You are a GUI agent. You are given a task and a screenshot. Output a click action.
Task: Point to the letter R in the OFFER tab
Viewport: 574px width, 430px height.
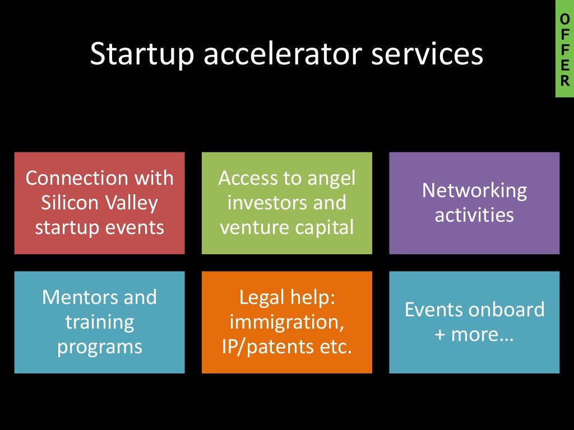564,81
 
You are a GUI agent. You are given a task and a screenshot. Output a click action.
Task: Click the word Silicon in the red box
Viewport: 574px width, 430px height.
68,203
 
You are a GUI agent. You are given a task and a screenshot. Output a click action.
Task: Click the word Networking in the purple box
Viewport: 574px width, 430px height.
474,190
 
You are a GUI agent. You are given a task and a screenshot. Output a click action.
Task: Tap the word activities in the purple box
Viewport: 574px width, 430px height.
474,215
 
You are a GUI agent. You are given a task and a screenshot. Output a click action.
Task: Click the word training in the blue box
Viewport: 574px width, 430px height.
99,322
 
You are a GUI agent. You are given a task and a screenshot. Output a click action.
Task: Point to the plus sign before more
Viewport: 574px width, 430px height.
440,335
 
